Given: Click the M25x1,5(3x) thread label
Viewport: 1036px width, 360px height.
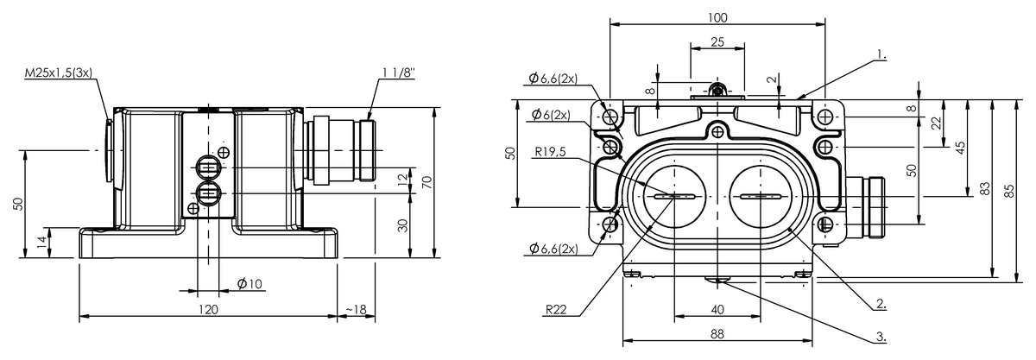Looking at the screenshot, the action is (x=59, y=73).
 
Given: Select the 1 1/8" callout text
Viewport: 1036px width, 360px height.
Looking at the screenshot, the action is (x=399, y=73).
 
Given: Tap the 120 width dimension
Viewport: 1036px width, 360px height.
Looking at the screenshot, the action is (x=208, y=309).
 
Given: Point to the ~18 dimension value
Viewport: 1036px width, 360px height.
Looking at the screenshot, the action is (x=356, y=309).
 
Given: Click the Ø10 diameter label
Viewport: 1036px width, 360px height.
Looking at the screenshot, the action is (x=250, y=284).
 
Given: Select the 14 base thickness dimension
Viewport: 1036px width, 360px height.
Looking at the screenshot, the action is (x=41, y=241).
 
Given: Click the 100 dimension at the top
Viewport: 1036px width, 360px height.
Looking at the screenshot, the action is (x=717, y=17).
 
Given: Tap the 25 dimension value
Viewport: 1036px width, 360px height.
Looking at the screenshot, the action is (x=717, y=42).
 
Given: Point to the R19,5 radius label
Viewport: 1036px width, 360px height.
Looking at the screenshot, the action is (x=551, y=151).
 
